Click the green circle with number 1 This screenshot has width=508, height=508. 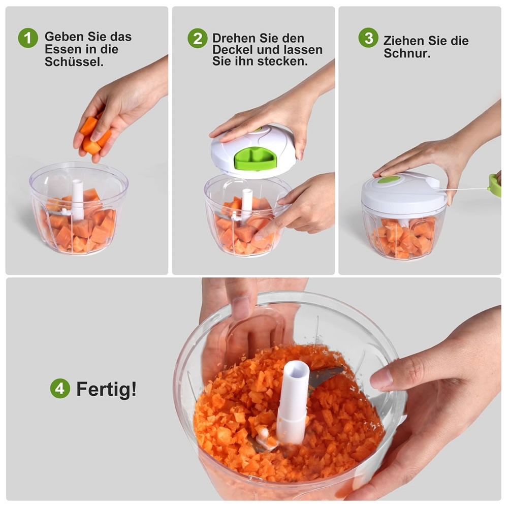point(28,38)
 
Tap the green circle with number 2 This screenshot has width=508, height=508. point(197,38)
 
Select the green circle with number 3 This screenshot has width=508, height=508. point(368,38)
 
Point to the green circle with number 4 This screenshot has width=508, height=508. point(60,388)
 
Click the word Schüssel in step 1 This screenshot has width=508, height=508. point(74,61)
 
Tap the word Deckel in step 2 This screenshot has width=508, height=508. point(233,50)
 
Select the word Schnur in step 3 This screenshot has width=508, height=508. point(407,53)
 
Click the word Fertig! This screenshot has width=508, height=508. point(106,389)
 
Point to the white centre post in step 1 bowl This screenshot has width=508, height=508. point(77,200)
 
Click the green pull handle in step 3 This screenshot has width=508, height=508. point(494,185)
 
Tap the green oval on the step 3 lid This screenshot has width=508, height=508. point(389,179)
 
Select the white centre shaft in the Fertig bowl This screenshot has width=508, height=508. point(294,402)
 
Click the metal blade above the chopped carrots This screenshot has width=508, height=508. point(326,377)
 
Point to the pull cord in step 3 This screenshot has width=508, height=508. point(464,189)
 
